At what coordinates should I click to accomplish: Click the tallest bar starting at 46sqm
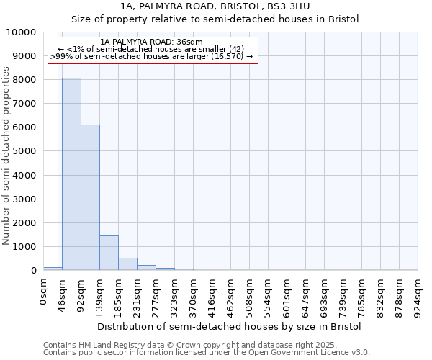[71, 174]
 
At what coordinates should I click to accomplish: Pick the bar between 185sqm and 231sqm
[127, 264]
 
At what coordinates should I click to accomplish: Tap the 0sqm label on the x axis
[44, 292]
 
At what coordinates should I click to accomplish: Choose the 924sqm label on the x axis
[418, 295]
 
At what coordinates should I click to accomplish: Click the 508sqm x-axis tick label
[250, 295]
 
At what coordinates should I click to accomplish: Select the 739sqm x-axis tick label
[343, 295]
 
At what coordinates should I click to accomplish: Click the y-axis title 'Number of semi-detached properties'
[6, 156]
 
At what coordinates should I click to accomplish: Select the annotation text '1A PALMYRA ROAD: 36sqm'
[152, 42]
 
